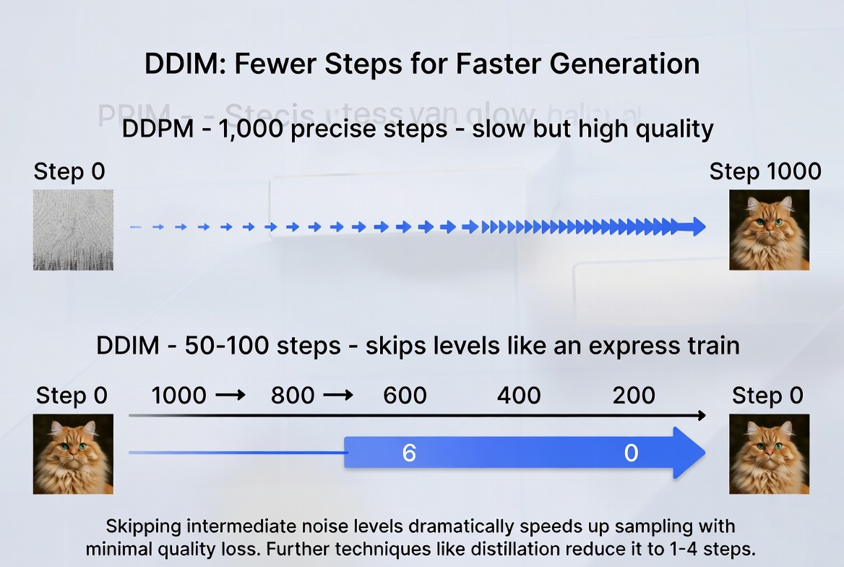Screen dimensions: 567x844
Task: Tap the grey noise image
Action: (73, 229)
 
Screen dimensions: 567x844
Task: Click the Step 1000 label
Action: (765, 171)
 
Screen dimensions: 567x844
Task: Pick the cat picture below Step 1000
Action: (769, 229)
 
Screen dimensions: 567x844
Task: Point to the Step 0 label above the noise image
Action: (69, 171)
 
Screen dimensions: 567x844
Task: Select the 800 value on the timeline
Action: (293, 396)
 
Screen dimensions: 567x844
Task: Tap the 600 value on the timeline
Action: (405, 396)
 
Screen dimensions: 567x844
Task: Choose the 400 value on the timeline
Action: (519, 396)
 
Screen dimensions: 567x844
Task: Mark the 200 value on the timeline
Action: (634, 396)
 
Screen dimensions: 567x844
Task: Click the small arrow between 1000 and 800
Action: (231, 396)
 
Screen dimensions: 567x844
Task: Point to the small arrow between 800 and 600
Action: (338, 396)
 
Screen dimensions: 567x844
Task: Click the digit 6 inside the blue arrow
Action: (409, 453)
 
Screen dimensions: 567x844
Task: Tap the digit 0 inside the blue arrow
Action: (631, 453)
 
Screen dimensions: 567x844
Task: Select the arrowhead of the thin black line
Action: (701, 415)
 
